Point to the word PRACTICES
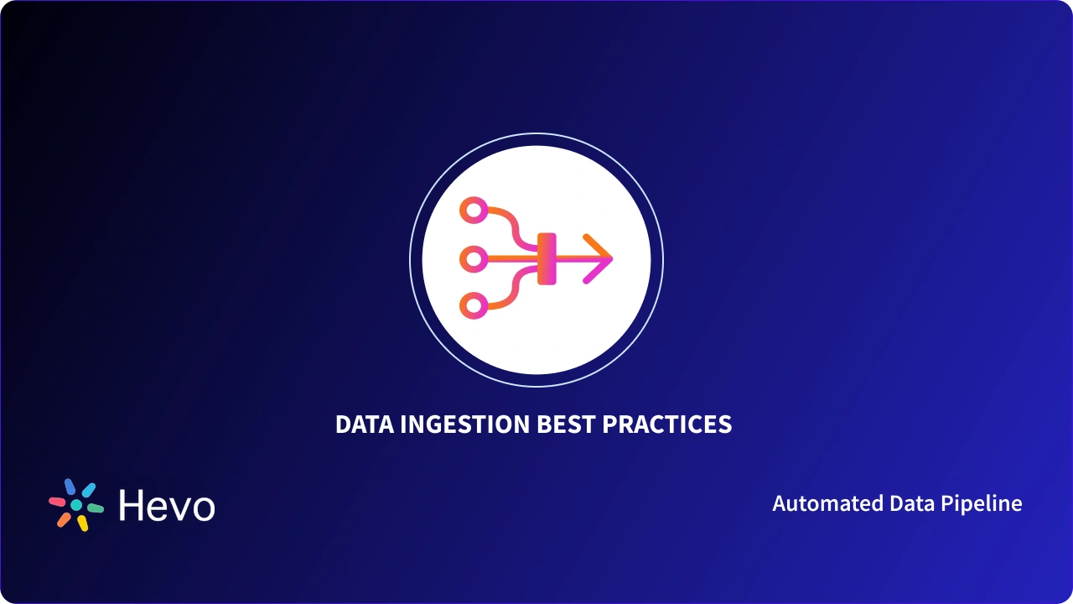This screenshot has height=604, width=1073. click(x=667, y=424)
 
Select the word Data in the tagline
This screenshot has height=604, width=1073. click(x=911, y=503)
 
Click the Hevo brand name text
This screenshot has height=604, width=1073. click(x=167, y=506)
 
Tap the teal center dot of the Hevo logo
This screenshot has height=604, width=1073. click(x=76, y=505)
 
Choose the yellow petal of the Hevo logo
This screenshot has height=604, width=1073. click(x=82, y=523)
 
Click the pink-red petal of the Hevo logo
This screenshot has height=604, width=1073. click(x=57, y=502)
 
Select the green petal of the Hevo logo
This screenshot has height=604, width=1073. click(x=96, y=508)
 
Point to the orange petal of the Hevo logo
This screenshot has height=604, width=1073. click(x=64, y=519)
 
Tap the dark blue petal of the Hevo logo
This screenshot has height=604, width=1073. click(x=70, y=487)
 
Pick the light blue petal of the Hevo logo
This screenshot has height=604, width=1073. click(x=88, y=490)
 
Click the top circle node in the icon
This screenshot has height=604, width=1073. click(x=474, y=211)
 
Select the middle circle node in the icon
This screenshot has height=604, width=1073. click(x=474, y=260)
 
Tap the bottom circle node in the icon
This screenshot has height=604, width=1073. click(x=474, y=305)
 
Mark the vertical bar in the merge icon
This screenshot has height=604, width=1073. click(x=547, y=258)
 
